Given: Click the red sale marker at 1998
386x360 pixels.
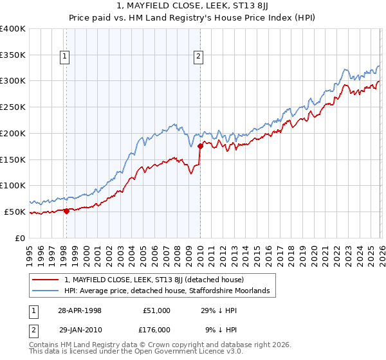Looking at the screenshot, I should click(67, 211).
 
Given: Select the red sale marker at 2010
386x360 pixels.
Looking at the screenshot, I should click(200, 145).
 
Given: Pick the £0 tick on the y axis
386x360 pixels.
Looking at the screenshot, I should click(19, 238).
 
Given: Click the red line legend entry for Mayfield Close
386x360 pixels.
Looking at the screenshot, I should click(154, 280).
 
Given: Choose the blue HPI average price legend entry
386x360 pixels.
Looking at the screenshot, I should click(166, 291).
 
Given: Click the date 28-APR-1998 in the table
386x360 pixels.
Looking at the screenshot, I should click(80, 310).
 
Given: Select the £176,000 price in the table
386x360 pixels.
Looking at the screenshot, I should click(157, 330).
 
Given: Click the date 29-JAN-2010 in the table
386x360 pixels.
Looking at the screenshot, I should click(80, 330).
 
